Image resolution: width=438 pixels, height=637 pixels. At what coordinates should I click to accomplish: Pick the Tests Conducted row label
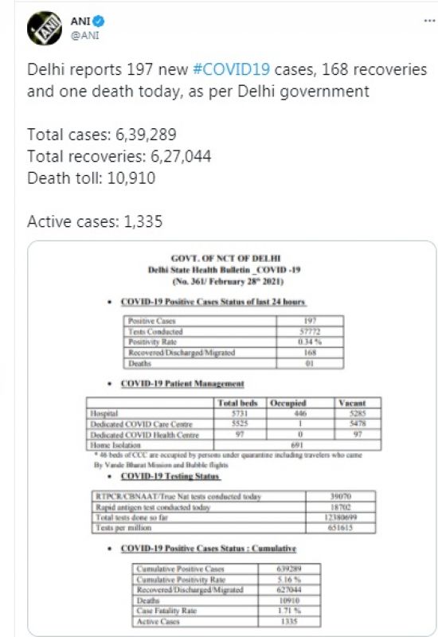(155, 331)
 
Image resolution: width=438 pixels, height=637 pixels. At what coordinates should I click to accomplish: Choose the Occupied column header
(290, 404)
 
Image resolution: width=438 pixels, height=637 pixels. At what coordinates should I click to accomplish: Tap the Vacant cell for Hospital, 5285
(350, 414)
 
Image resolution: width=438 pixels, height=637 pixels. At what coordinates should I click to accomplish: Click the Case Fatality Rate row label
(166, 609)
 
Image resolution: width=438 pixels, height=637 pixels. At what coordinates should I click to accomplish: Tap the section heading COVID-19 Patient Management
(182, 384)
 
